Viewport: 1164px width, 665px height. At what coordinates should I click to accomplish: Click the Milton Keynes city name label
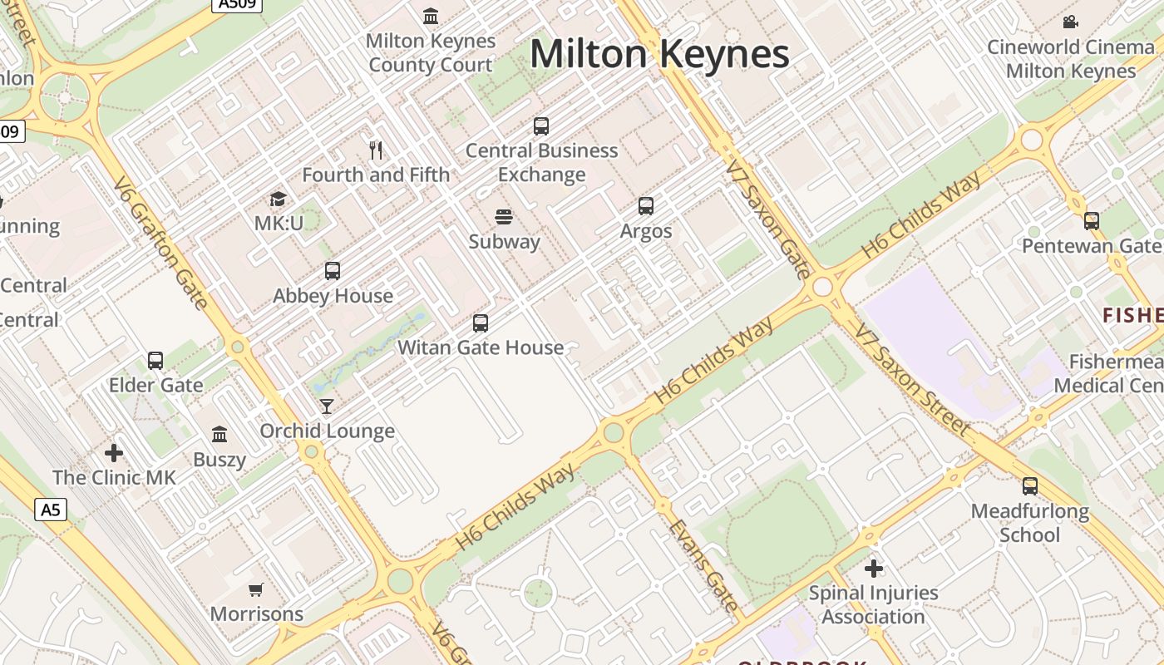point(659,55)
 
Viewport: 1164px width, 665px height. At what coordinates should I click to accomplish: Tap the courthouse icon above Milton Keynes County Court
point(431,16)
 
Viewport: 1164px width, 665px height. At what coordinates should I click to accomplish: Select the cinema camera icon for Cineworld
point(1071,22)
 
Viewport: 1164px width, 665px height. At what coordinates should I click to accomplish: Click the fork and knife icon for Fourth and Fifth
point(376,150)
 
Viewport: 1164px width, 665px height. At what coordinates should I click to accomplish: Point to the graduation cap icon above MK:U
point(278,199)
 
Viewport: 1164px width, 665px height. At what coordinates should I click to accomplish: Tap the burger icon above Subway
point(504,218)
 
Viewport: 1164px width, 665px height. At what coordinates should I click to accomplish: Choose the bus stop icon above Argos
point(646,206)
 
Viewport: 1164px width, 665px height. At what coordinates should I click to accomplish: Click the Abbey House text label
point(333,296)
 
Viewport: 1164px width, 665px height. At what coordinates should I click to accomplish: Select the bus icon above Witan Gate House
point(481,323)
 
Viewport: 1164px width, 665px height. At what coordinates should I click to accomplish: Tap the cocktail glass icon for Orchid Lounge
point(327,406)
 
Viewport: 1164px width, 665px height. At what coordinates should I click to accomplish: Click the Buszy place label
point(219,460)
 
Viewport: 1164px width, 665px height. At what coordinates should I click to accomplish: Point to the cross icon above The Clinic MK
point(114,453)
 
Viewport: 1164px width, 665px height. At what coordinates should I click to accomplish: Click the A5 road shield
point(51,509)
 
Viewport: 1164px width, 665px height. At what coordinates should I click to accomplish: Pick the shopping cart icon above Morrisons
point(256,589)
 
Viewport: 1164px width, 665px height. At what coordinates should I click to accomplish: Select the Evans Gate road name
point(703,565)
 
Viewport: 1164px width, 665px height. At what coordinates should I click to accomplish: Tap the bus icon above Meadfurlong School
point(1030,486)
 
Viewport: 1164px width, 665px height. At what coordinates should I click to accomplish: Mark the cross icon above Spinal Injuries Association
point(873,569)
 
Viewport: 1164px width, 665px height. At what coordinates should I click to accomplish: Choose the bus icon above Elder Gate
point(155,361)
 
